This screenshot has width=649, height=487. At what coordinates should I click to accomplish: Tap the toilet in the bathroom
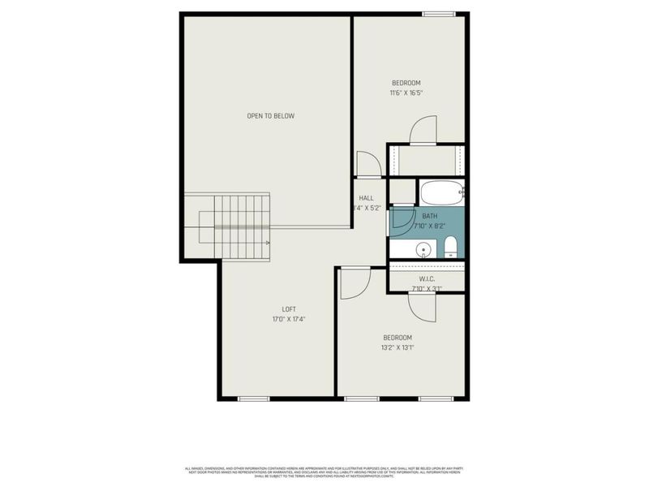[x=452, y=247]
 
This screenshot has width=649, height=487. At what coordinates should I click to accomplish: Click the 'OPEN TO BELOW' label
[x=270, y=116]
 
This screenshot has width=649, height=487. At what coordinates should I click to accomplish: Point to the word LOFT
[x=288, y=308]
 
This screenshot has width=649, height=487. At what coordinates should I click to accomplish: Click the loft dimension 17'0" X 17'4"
[x=288, y=319]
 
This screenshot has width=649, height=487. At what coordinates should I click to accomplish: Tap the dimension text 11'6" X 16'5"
[x=406, y=93]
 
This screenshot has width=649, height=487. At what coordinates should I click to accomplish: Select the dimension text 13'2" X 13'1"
[x=398, y=348]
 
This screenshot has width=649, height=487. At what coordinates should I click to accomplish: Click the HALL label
[x=366, y=198]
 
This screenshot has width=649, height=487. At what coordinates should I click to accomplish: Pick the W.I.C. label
[x=428, y=278]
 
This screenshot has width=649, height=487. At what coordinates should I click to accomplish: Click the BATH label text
[x=429, y=216]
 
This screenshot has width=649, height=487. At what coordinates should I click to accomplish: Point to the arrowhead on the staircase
[x=267, y=241]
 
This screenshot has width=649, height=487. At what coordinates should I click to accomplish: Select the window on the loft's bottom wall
[x=253, y=399]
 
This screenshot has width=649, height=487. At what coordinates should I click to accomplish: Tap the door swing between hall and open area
[x=367, y=163]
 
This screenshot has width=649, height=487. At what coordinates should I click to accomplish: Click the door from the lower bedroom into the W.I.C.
[x=422, y=306]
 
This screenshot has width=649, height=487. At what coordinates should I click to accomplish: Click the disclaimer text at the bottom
[x=324, y=471]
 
